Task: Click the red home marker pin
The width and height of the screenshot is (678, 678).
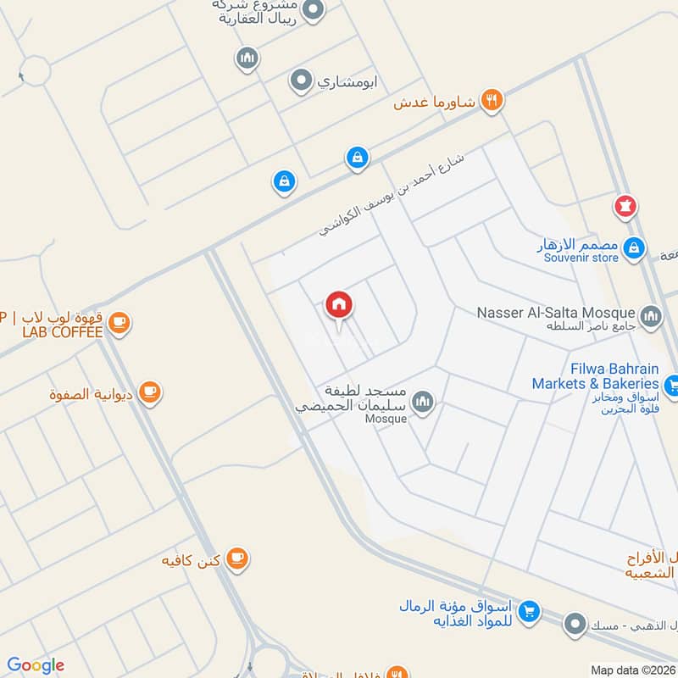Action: tap(339, 306)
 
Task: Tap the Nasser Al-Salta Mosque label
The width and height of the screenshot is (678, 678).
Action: tap(556, 311)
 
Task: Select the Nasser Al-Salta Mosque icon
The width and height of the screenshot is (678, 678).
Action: tap(651, 317)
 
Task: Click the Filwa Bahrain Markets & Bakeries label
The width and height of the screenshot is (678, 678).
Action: tap(595, 376)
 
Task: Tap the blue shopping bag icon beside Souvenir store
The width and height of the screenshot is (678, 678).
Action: tap(632, 248)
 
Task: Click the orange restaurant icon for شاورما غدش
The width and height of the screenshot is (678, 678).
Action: tap(492, 101)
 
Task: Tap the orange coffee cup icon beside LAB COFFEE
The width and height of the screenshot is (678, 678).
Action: tap(119, 324)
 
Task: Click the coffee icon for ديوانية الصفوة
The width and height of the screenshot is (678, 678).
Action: tap(150, 392)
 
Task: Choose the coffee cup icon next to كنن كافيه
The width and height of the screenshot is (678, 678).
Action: tap(237, 559)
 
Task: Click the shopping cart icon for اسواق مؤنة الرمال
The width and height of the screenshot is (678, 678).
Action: tap(529, 610)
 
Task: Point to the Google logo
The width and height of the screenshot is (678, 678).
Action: tap(35, 665)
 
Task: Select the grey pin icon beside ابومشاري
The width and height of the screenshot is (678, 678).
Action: tap(300, 81)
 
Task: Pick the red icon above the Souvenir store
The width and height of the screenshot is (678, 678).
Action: tap(625, 206)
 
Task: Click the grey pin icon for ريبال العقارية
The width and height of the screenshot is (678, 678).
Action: tap(313, 11)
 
